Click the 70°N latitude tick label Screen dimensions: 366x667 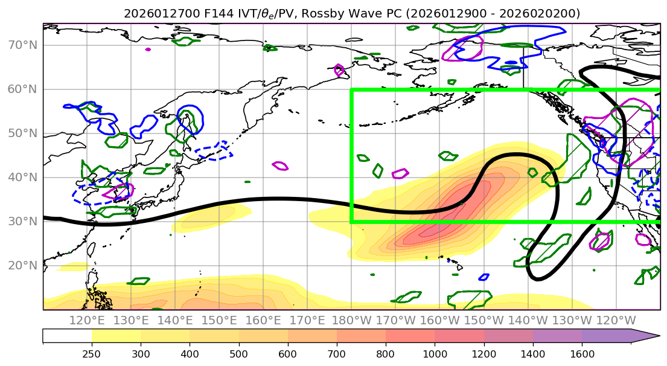click(22, 45)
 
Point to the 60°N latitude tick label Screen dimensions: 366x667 click(22, 89)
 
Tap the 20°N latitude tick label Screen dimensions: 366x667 click(22, 266)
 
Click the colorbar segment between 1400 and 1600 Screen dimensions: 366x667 click(557, 336)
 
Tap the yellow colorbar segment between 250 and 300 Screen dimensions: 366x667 click(116, 336)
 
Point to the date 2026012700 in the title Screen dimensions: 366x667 click(153, 13)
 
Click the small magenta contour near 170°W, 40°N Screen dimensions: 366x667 click(400, 174)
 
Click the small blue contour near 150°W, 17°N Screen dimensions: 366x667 click(483, 277)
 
